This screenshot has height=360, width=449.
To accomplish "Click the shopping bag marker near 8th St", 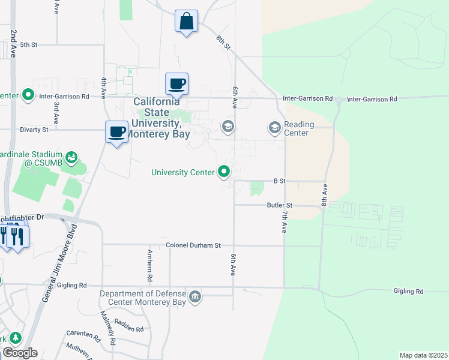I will tap(187, 21).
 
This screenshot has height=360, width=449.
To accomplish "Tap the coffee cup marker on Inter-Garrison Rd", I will tap(177, 84).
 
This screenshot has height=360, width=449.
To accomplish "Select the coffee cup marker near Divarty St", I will tap(116, 132).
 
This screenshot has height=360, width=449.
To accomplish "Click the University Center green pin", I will tap(224, 172).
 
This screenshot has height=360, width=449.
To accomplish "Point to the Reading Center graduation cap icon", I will tap(274, 127).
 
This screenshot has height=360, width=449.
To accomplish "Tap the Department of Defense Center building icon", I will tap(196, 297).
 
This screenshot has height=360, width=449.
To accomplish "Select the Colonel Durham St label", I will tap(194, 245).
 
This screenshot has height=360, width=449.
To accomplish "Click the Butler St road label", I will tap(279, 205).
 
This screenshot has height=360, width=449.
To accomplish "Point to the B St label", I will tap(279, 180).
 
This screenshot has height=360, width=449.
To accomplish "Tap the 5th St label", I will tap(29, 44).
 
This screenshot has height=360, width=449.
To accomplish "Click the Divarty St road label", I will tap(34, 130).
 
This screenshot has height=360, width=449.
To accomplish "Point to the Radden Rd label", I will tap(130, 329).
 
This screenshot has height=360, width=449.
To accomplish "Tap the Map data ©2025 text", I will tap(423, 355).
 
